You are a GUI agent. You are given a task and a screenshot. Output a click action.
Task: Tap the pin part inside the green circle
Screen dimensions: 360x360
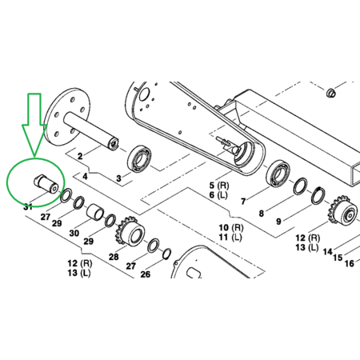tap(46, 184)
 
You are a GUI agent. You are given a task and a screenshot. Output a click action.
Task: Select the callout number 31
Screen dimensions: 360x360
tap(28, 206)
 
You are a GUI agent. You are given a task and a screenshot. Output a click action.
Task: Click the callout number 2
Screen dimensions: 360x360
tap(80, 156)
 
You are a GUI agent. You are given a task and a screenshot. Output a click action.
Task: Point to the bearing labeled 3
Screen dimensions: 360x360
tap(138, 158)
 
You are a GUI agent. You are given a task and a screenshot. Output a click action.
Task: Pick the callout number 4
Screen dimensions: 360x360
tap(85, 176)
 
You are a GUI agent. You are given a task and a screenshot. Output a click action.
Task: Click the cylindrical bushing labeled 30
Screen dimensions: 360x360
tap(95, 212)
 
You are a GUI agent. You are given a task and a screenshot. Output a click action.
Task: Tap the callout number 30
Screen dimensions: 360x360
tap(74, 233)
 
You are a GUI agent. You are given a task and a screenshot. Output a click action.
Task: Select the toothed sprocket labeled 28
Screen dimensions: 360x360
tap(130, 231)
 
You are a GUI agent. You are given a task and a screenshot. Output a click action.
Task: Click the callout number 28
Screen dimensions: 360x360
tap(114, 257)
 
